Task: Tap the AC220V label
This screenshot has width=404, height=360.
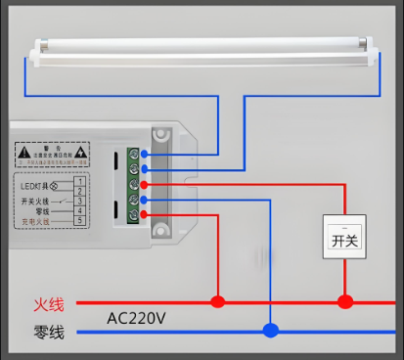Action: pos(136,319)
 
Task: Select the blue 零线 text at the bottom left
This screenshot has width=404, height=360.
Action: pos(47,334)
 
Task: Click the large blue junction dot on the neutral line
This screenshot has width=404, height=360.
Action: pos(270,331)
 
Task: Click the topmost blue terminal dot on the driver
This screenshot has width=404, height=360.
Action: pos(145,154)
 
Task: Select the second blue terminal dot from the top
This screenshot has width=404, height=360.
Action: pos(145,169)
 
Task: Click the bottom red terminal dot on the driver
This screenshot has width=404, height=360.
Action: pos(145,214)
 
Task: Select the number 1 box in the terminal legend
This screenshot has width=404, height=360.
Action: pos(79,181)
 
